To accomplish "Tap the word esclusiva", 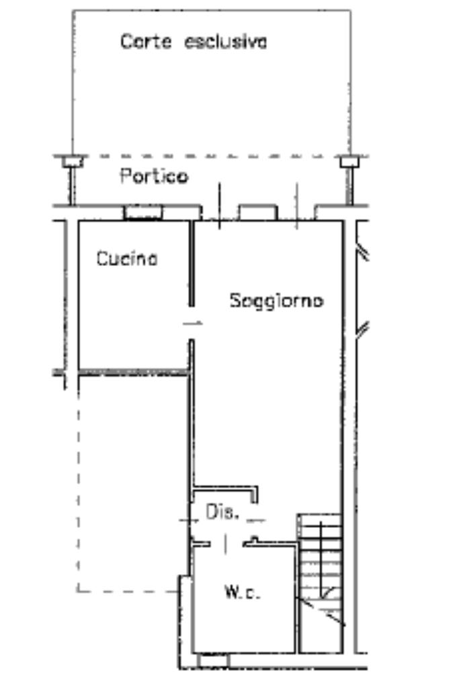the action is pos(225,42).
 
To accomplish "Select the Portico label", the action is pos(154,177).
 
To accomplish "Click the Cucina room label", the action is pos(127,259).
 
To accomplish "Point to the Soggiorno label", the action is pos(276,300).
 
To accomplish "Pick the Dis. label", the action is pos(222,513).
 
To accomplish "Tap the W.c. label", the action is pos(242,592).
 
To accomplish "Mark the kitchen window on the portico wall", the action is pos(143,212).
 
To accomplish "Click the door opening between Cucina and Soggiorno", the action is pos(192,323).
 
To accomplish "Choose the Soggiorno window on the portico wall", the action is pos(258,212).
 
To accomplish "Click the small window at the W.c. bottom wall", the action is pos(214,661).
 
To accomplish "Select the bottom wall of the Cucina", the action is pos(132,370).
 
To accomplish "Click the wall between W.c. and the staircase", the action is pos(296,598).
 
